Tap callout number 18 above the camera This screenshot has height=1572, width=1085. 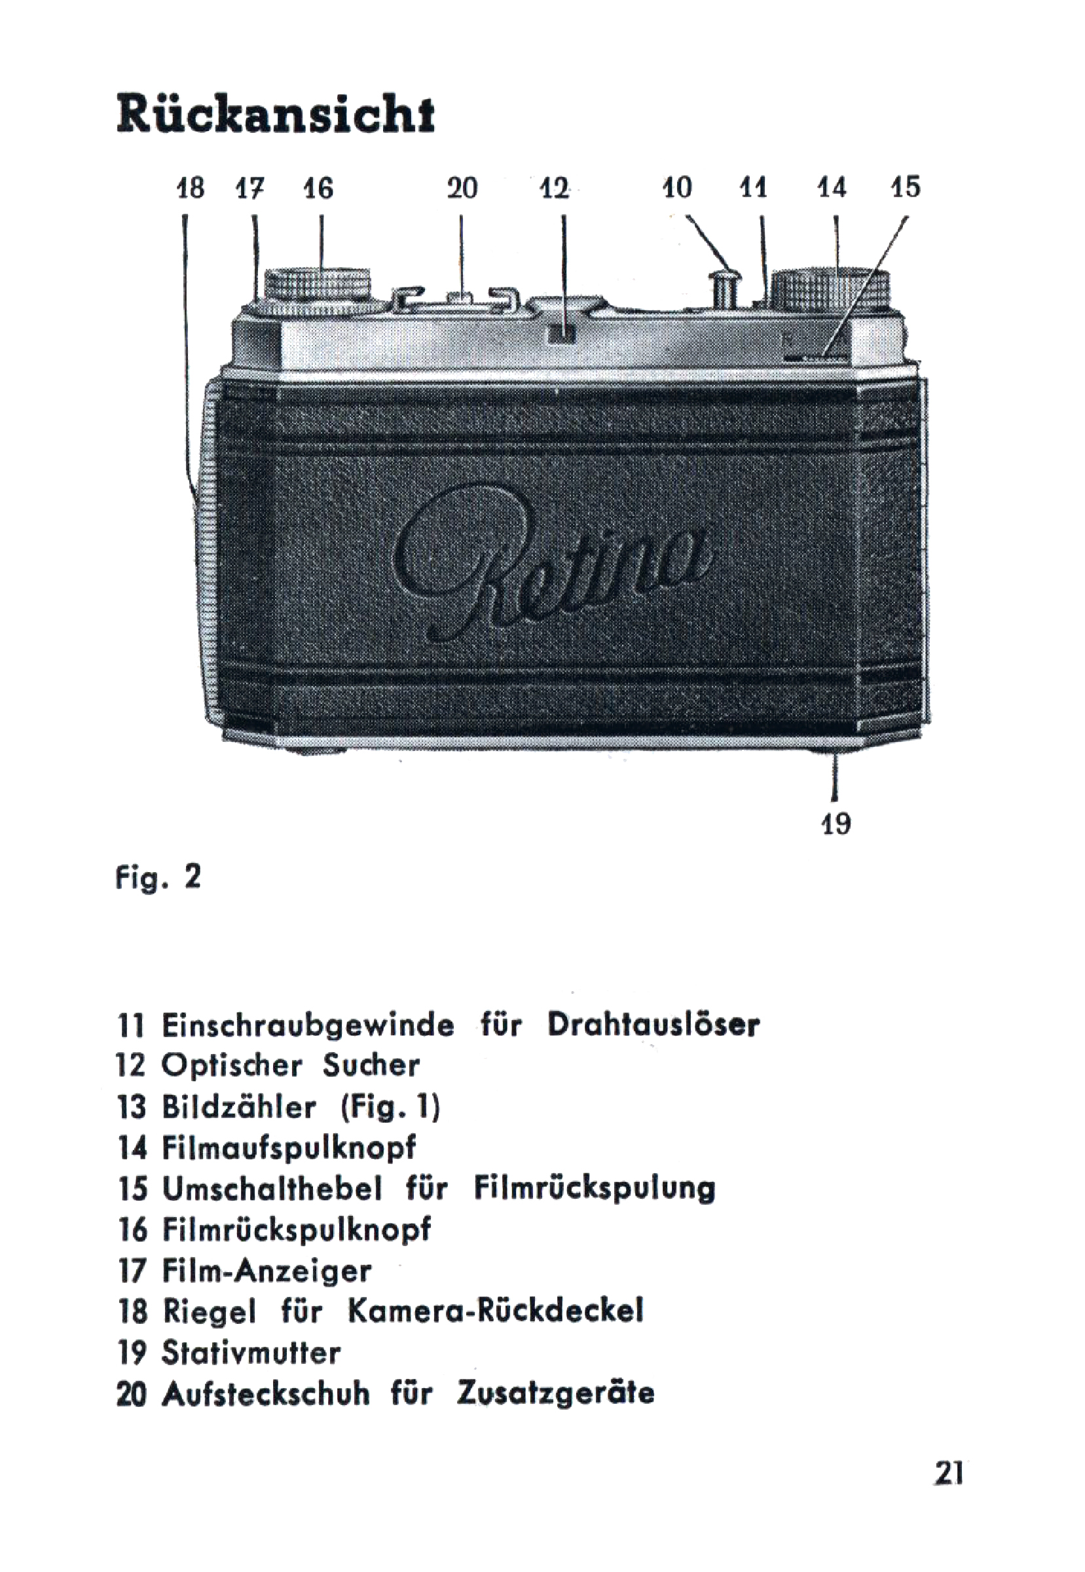tap(191, 188)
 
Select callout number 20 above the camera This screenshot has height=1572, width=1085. tap(462, 188)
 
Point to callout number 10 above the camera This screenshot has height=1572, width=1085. tap(676, 188)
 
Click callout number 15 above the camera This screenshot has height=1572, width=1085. tap(906, 188)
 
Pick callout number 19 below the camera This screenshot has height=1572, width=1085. tap(836, 824)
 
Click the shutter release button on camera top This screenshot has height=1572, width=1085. tap(725, 285)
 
